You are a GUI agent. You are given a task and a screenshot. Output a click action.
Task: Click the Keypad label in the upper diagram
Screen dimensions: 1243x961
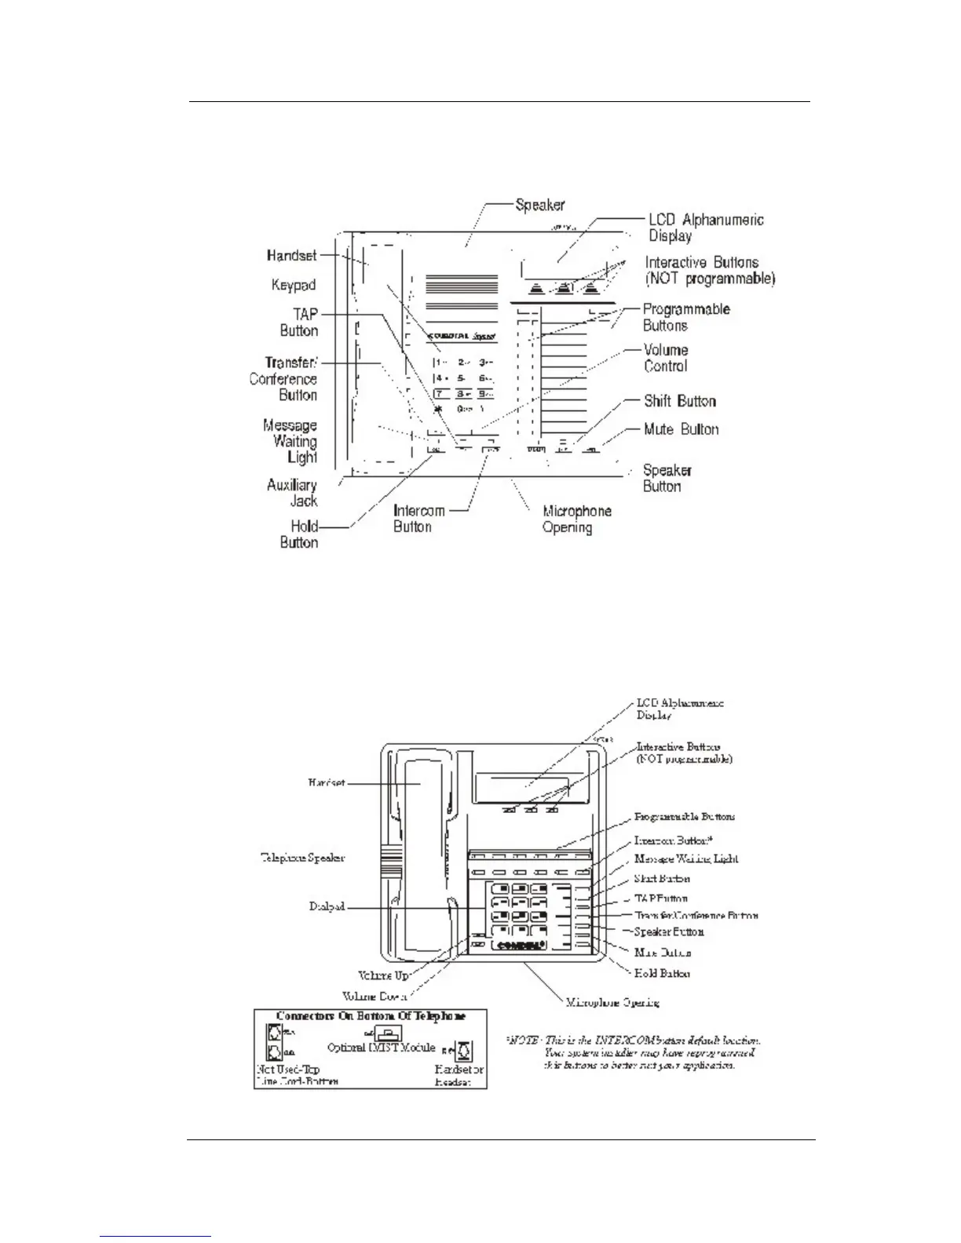[293, 286]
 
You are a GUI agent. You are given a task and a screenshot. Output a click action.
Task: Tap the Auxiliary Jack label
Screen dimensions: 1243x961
[292, 493]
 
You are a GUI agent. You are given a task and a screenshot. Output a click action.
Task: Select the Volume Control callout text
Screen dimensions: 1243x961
[666, 358]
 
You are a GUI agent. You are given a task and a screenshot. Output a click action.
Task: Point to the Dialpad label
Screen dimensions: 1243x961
[327, 908]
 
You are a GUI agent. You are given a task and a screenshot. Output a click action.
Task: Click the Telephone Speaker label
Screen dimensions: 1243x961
[302, 858]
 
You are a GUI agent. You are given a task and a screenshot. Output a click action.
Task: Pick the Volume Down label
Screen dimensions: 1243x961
[375, 997]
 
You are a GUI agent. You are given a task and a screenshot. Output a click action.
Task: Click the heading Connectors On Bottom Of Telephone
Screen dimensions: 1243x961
[370, 1016]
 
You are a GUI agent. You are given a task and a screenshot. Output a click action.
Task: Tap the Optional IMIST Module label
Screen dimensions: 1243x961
[381, 1048]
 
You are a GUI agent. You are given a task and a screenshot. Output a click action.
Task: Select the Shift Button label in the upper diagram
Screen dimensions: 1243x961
[679, 402]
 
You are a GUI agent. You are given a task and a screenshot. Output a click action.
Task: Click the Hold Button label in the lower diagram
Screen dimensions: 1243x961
[662, 973]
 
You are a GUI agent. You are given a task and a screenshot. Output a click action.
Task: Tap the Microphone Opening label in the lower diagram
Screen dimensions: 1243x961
[612, 1002]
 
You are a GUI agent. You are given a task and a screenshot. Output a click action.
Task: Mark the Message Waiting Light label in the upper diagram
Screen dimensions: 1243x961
[290, 441]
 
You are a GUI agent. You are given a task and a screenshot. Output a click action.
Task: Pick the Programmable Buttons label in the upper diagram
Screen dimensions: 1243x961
[686, 318]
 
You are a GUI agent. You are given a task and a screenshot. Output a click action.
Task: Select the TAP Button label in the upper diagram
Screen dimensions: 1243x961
[299, 323]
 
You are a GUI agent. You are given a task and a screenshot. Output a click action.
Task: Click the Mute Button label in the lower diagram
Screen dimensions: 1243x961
[663, 953]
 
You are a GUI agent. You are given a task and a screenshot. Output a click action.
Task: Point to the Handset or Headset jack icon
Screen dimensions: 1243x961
[464, 1050]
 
